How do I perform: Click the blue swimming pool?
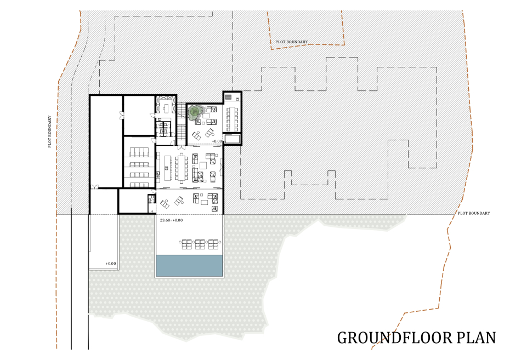coord(189,265)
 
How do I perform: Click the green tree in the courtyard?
coord(194,112)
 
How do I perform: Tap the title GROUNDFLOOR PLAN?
coord(416,338)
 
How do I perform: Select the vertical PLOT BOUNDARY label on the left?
coord(50,132)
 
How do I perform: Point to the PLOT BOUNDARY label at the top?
coord(291,42)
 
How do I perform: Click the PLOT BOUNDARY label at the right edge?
coord(474,213)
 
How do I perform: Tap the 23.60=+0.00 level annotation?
coord(172,220)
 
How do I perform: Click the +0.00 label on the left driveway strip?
coord(111,264)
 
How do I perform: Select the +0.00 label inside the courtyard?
coord(217,141)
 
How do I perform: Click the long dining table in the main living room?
coord(181,168)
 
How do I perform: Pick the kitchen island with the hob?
coord(168,168)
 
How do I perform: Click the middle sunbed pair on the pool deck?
coord(200,244)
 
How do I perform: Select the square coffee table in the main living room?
coord(203,165)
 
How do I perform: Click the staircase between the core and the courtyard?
coord(181,123)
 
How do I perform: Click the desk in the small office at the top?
coord(166,107)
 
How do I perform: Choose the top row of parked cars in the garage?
coord(139,152)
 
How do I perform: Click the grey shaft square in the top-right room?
coord(229,97)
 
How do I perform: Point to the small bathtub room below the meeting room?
coord(232,139)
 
